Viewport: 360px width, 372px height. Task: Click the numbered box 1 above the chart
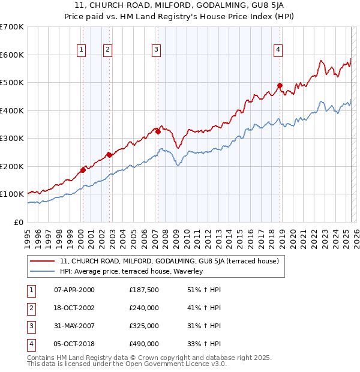(81, 50)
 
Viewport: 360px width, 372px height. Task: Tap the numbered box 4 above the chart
(278, 50)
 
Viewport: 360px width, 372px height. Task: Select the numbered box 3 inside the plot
(155, 50)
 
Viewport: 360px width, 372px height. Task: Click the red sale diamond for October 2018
(280, 85)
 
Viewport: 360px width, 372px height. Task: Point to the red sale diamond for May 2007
(158, 131)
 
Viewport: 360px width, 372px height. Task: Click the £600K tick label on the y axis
(12, 55)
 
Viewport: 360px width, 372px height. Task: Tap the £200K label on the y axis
(12, 166)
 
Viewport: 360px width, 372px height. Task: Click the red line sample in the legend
(42, 261)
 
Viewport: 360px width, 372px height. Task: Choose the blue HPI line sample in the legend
(42, 271)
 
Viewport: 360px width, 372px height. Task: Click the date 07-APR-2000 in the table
(74, 290)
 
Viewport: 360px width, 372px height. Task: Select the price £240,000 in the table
(144, 308)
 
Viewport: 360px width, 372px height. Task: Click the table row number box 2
(31, 308)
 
